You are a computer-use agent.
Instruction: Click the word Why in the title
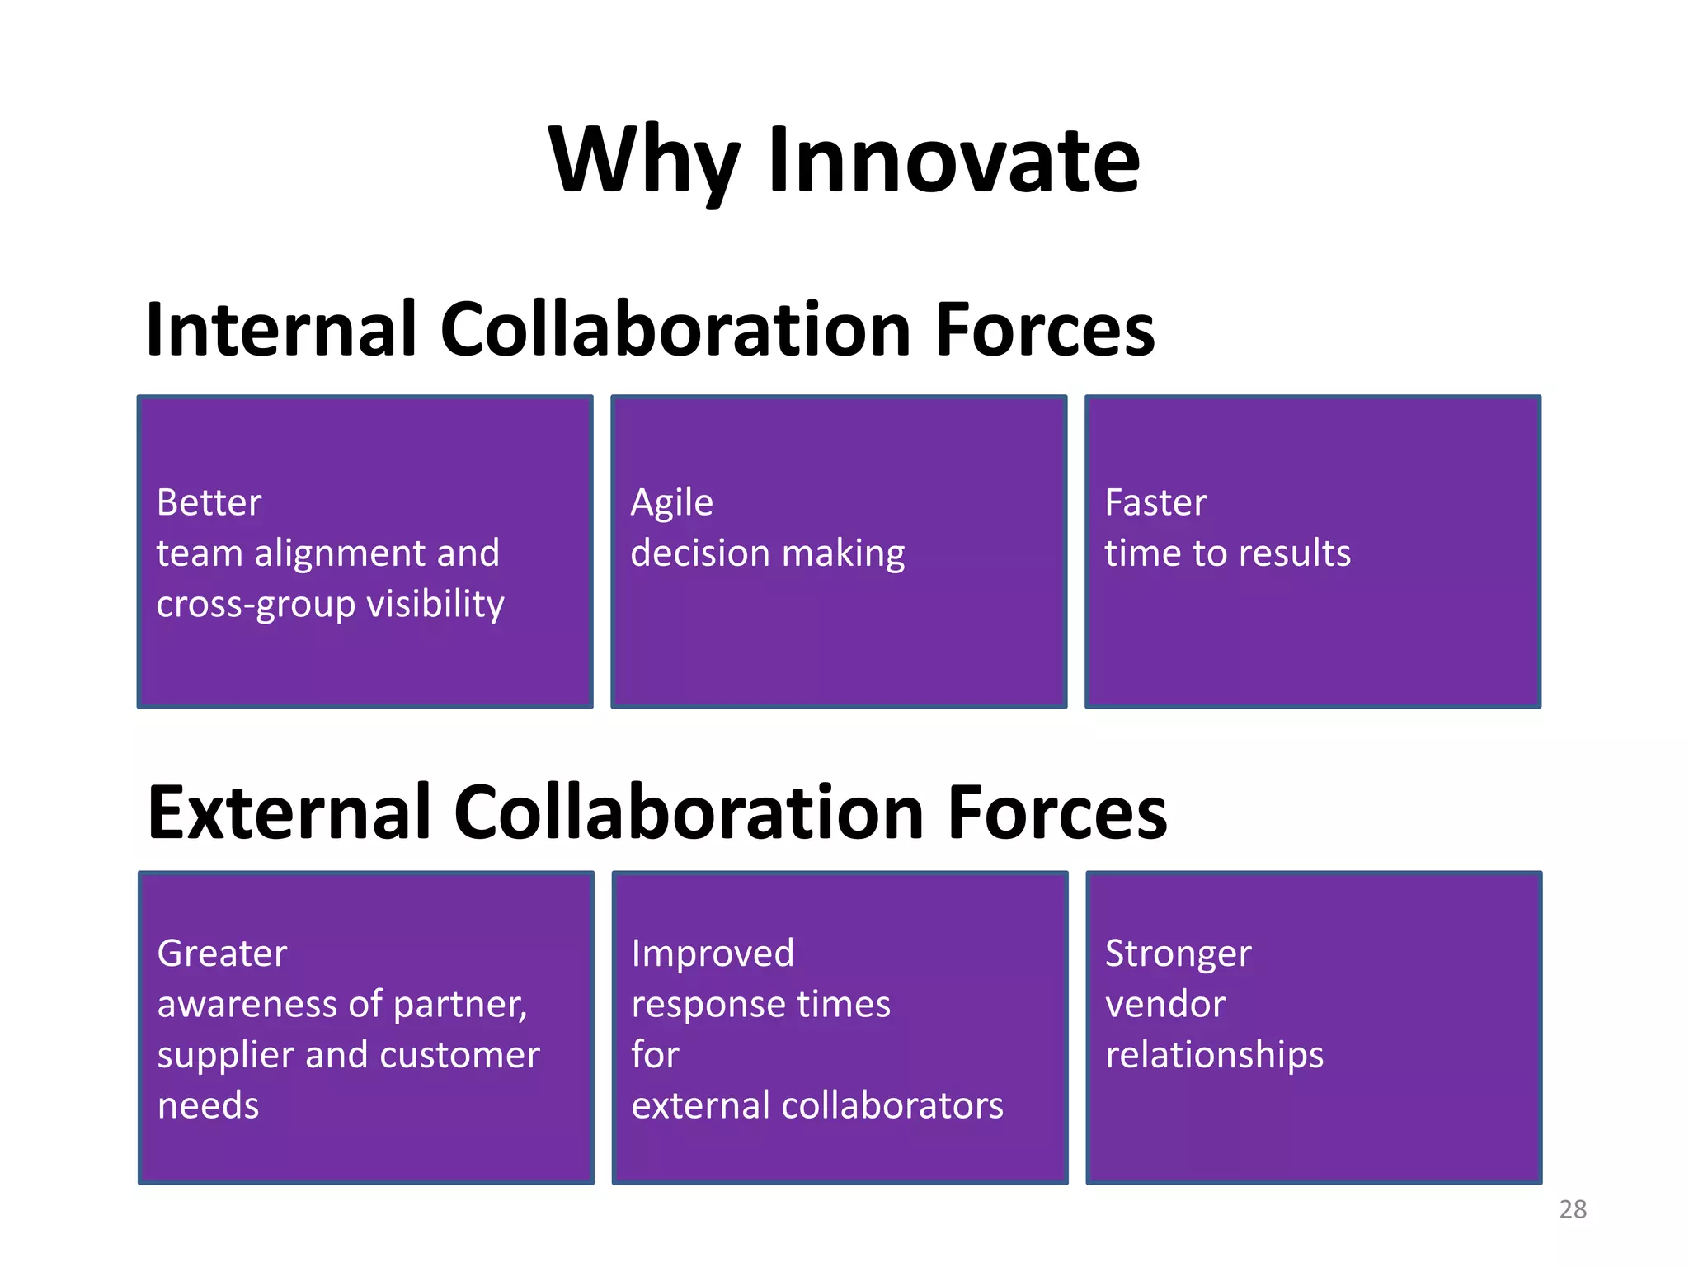pyautogui.click(x=644, y=161)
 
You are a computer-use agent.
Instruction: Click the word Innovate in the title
pyautogui.click(x=953, y=161)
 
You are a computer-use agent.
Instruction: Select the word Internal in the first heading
pyautogui.click(x=280, y=330)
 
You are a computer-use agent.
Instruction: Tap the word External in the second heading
pyautogui.click(x=288, y=812)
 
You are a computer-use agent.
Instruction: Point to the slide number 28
pyautogui.click(x=1573, y=1209)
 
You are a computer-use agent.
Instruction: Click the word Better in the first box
pyautogui.click(x=209, y=502)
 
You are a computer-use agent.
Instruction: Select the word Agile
pyautogui.click(x=671, y=502)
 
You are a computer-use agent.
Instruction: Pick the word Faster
pyautogui.click(x=1155, y=502)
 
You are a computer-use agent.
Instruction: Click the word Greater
pyautogui.click(x=222, y=954)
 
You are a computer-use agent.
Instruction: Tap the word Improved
pyautogui.click(x=713, y=954)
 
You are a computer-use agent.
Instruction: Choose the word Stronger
pyautogui.click(x=1178, y=954)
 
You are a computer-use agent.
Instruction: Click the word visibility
pyautogui.click(x=435, y=604)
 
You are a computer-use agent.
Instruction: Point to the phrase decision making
pyautogui.click(x=767, y=553)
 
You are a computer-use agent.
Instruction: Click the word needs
pyautogui.click(x=208, y=1105)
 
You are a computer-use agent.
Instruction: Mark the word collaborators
pyautogui.click(x=892, y=1105)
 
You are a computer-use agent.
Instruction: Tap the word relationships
pyautogui.click(x=1214, y=1055)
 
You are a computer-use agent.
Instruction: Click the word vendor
pyautogui.click(x=1164, y=1005)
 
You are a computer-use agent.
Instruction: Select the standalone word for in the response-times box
pyautogui.click(x=655, y=1055)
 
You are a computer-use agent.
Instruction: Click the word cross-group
pyautogui.click(x=256, y=604)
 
